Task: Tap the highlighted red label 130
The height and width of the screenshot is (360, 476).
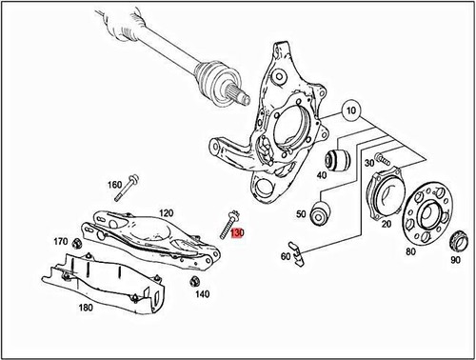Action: coord(237,232)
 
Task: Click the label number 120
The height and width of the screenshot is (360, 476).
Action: coord(166,213)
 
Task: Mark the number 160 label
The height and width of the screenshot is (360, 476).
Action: coord(114,184)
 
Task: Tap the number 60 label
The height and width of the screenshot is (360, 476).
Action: coord(286,256)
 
